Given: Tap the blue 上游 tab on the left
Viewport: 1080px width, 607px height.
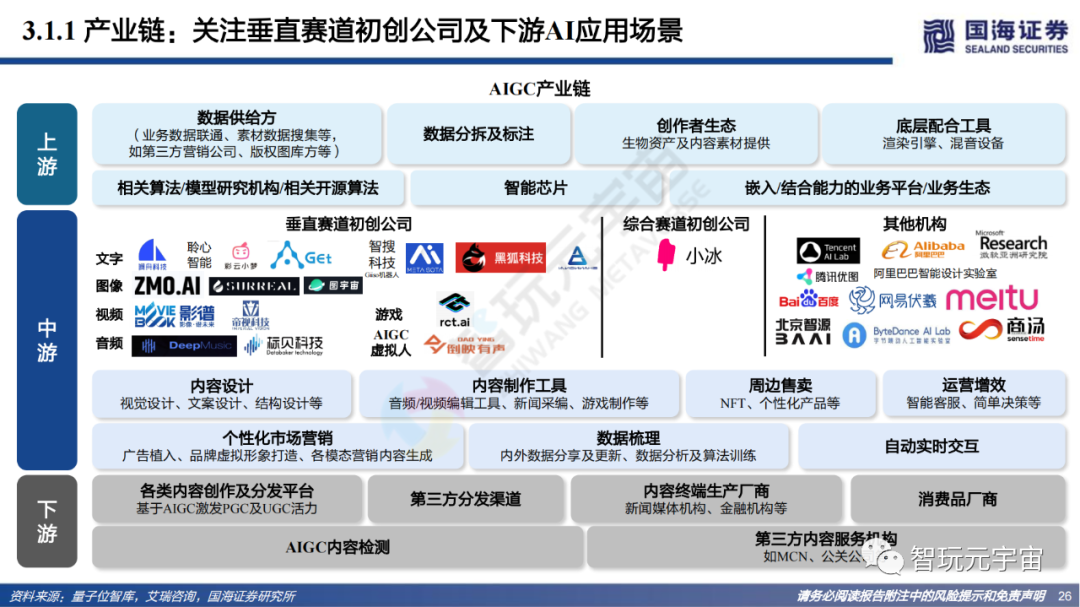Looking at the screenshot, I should point(47,154).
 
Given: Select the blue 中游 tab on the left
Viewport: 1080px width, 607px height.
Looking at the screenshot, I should point(47,339).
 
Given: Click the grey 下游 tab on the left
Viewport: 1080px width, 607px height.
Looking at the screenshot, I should point(47,521).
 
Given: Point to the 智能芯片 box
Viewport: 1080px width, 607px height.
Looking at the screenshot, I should point(535,188).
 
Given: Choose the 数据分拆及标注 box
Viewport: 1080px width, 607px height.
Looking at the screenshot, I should point(478,134).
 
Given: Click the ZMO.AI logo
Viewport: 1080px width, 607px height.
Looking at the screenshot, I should point(167,286).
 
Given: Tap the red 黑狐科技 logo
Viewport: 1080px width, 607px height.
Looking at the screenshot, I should point(501,258).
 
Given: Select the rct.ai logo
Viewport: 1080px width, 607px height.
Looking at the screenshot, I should point(454,310).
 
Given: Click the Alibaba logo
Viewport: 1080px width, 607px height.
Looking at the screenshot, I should point(923,251).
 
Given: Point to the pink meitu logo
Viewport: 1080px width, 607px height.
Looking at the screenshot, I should point(992,299).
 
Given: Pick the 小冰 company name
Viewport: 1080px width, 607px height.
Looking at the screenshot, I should point(690,257).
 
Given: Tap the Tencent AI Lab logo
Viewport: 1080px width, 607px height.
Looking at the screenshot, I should point(828,251).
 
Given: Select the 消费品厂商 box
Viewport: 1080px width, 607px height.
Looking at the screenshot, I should point(958,498).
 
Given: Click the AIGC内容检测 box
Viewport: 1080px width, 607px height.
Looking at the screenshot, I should point(337,547).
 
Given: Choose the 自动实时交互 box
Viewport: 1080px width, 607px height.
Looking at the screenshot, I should point(931,446).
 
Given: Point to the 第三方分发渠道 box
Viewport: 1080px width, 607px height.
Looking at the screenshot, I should point(465,498).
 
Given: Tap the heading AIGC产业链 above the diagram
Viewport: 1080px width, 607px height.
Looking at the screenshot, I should point(540,89).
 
